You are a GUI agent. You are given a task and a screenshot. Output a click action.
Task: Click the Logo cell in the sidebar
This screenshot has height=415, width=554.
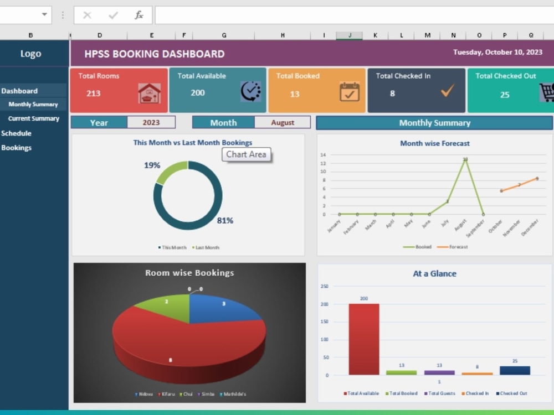pos(30,54)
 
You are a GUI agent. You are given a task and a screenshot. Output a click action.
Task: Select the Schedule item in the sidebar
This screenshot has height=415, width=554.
pos(16,133)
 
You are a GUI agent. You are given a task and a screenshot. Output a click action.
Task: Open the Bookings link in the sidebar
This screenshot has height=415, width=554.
pos(16,148)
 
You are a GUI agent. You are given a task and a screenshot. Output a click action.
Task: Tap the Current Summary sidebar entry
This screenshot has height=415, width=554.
pos(33,118)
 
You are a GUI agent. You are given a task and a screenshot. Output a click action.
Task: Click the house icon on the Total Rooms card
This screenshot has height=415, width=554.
pos(149,94)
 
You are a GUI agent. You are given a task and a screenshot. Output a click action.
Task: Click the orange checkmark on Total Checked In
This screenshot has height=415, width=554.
pos(447,91)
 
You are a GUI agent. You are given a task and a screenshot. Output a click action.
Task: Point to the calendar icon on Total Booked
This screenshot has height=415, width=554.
pos(350,92)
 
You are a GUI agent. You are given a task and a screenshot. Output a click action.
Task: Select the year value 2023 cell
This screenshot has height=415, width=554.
pos(151,123)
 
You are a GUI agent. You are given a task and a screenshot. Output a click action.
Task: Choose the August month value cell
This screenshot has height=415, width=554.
pos(283,123)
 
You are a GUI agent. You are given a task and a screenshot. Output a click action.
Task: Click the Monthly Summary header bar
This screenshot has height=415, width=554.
pos(434,123)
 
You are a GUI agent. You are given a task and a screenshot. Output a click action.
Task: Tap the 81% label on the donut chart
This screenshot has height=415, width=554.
pos(225,221)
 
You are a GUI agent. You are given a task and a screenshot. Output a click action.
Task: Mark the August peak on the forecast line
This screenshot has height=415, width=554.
pos(465,159)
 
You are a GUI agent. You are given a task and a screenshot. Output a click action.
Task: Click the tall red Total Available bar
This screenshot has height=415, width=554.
pos(364,339)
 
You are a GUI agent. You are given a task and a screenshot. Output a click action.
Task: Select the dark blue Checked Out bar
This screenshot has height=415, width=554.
pos(515,370)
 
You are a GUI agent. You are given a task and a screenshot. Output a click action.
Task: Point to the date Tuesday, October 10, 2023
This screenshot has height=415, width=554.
pos(497,53)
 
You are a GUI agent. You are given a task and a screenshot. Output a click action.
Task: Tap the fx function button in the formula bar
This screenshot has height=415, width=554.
pos(139,15)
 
